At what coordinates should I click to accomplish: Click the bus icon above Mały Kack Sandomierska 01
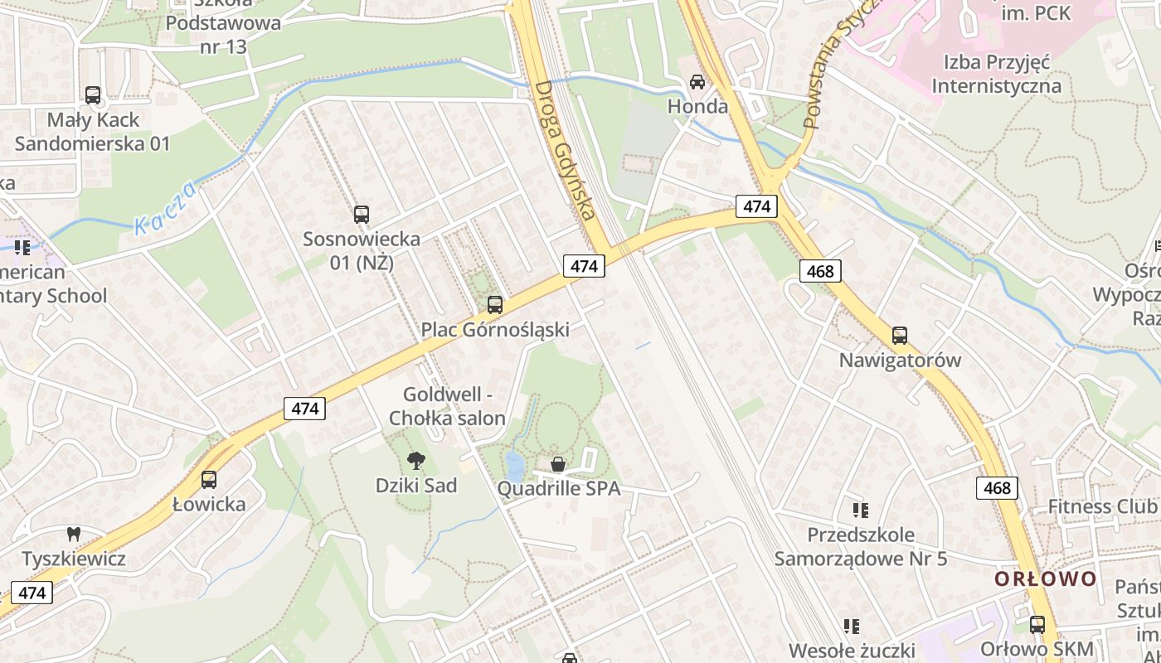(x=93, y=95)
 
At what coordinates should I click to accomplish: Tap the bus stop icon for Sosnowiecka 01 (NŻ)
(x=362, y=215)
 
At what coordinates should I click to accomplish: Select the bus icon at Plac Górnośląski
(x=495, y=305)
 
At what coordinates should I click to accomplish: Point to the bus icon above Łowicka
(x=209, y=479)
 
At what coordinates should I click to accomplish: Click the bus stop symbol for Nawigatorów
(x=900, y=336)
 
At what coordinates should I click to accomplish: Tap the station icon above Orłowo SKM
(x=1037, y=624)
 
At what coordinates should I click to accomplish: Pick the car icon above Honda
(x=697, y=82)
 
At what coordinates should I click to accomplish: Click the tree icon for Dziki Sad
(x=416, y=460)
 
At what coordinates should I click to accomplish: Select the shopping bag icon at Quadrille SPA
(x=558, y=464)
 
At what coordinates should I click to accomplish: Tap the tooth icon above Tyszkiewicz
(x=73, y=535)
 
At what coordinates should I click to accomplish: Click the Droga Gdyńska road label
(x=566, y=149)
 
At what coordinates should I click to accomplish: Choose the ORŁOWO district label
(x=1046, y=578)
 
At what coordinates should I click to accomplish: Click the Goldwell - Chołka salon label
(x=447, y=406)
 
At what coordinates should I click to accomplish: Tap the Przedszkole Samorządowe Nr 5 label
(x=861, y=546)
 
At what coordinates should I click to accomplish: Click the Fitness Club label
(x=1102, y=506)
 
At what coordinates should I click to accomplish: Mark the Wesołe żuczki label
(x=851, y=650)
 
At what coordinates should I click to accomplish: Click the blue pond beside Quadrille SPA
(x=514, y=467)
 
